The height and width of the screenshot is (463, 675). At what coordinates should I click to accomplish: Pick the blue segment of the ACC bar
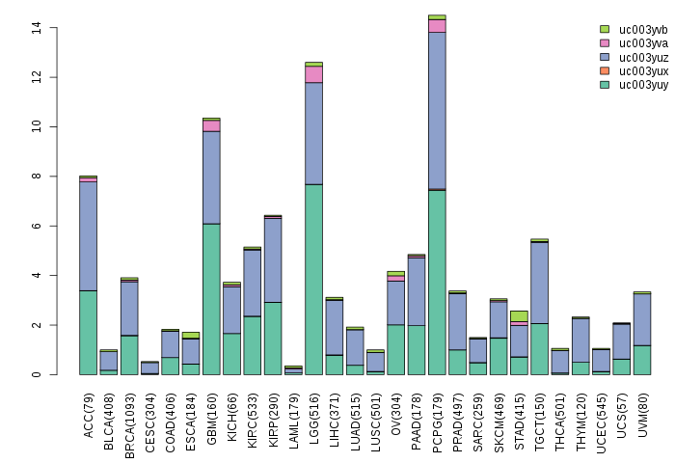point(88,235)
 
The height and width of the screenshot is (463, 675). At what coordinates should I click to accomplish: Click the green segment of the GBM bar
point(211,299)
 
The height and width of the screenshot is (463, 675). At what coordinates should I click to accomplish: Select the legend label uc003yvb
point(643,29)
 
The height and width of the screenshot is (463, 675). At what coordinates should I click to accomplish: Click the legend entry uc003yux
point(643,71)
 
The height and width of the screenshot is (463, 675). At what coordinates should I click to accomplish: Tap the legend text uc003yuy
point(643,85)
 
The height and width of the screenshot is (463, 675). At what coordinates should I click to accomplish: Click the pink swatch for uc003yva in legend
point(605,43)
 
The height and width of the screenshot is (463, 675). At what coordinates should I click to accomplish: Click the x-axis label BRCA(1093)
point(129,410)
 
